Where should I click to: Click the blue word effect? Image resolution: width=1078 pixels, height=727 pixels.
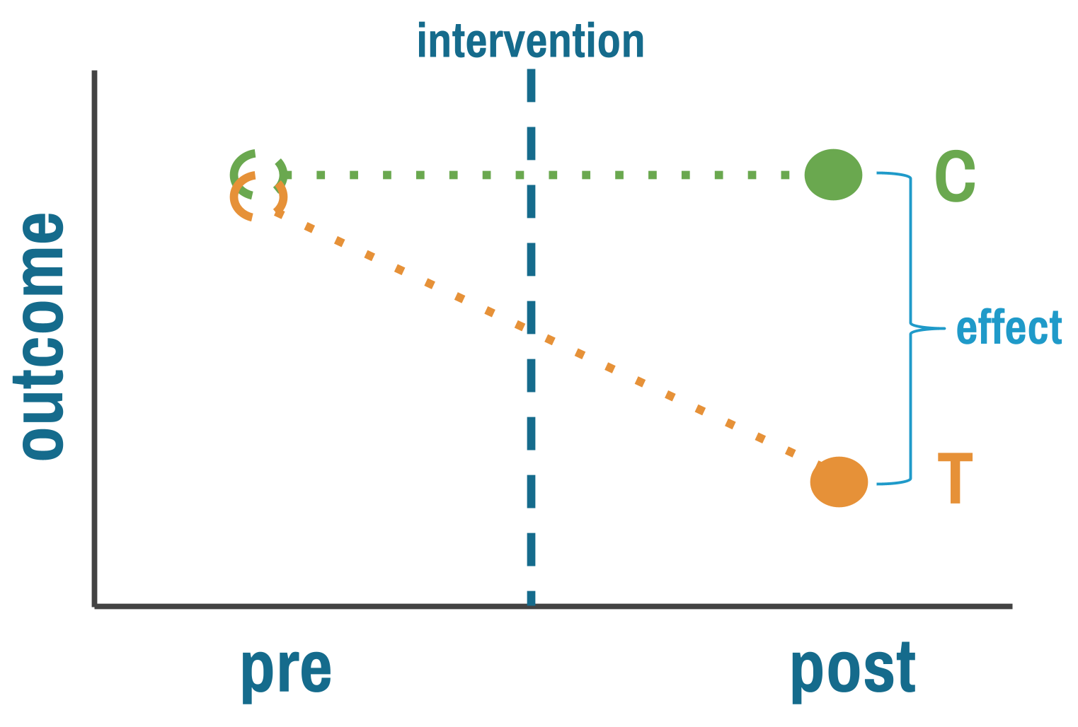[1009, 329]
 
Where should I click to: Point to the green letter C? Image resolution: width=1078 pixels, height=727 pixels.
[955, 177]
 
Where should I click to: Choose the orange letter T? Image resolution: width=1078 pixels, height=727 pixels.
[955, 479]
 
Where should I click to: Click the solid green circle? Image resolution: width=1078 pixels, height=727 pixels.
[834, 175]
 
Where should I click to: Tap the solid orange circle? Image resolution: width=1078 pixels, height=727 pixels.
[839, 482]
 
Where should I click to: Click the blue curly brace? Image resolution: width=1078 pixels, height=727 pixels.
[911, 329]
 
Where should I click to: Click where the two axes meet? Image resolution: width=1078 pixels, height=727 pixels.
[95, 606]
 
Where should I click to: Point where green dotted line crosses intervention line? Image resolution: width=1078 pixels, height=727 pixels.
[531, 175]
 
